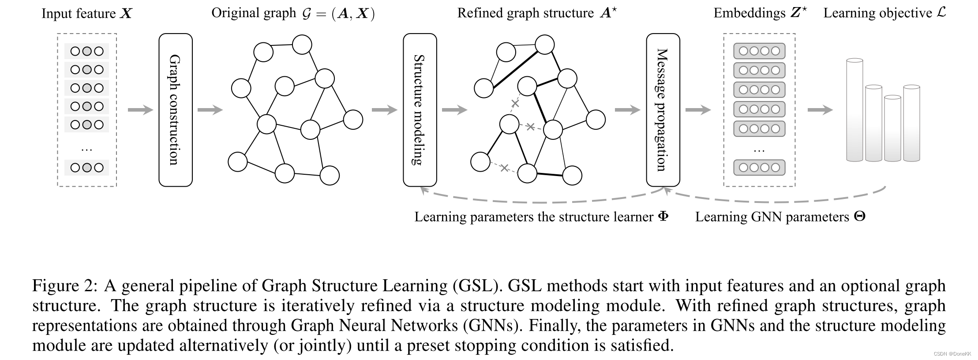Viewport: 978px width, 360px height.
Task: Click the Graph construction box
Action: [x=176, y=110]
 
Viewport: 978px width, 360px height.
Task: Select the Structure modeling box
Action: [x=420, y=110]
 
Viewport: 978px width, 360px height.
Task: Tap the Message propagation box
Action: [x=663, y=110]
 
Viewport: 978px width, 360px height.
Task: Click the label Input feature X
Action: [x=87, y=13]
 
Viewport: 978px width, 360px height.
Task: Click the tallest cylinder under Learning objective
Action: [x=854, y=110]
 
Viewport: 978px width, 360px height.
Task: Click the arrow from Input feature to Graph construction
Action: [x=140, y=110]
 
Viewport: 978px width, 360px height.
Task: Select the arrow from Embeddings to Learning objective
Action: [x=820, y=110]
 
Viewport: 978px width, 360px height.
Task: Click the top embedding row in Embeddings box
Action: [x=759, y=51]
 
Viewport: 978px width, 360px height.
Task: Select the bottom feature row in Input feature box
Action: [x=87, y=168]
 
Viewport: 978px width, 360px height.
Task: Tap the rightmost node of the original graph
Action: [x=353, y=120]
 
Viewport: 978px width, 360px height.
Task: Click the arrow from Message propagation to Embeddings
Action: [x=698, y=110]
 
